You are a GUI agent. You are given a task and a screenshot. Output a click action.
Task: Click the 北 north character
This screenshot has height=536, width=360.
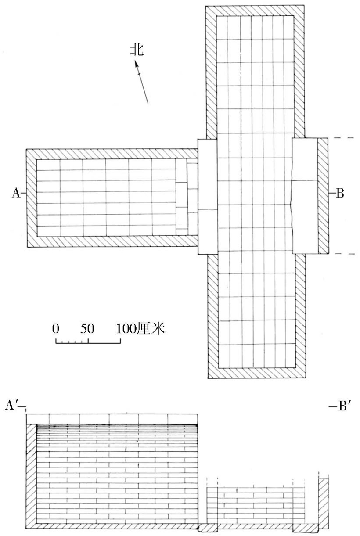[x=137, y=50]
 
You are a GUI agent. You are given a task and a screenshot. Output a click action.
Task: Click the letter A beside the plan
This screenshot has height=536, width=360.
[x=16, y=193]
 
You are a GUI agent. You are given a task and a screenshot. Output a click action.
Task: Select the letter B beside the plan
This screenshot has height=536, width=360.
[x=340, y=193]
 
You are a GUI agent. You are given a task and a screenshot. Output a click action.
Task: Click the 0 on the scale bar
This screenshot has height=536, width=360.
[x=56, y=328]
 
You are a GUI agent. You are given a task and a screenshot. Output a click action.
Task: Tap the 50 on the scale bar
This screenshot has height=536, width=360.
[x=87, y=328]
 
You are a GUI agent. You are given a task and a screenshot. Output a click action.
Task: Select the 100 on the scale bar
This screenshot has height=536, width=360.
[x=126, y=328]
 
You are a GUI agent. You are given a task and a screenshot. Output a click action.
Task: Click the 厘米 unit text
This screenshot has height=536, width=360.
[x=151, y=328]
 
